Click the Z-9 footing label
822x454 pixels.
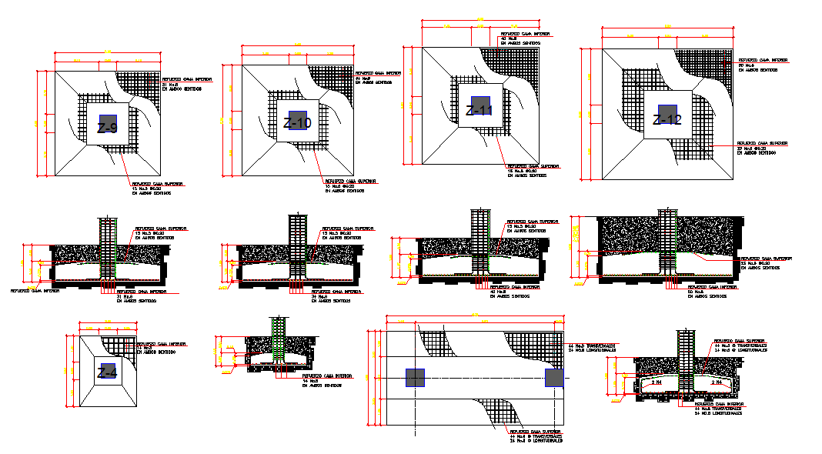[x=107, y=128]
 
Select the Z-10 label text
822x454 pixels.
[x=297, y=123]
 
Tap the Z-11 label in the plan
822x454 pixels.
[x=479, y=110]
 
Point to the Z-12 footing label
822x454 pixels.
[x=667, y=119]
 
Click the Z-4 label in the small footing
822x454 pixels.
[x=107, y=373]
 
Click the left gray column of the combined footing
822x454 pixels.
[x=415, y=378]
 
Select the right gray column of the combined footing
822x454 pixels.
[x=554, y=378]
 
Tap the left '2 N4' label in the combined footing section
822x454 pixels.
[x=658, y=382]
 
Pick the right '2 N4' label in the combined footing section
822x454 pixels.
[x=716, y=382]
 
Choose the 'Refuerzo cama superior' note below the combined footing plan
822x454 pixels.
[x=536, y=432]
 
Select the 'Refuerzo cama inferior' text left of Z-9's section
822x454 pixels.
[x=34, y=291]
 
